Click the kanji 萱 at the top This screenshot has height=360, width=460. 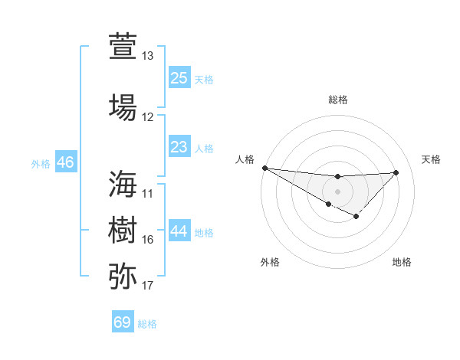(x=123, y=47)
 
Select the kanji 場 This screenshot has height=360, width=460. (x=123, y=107)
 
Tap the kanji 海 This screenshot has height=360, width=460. (x=123, y=184)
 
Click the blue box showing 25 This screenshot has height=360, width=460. (x=179, y=77)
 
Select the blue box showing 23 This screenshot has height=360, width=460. (x=179, y=146)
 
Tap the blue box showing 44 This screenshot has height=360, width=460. (x=179, y=231)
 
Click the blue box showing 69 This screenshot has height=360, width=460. (x=123, y=322)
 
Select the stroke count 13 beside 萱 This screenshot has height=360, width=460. (x=148, y=56)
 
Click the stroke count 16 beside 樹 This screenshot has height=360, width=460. (x=148, y=240)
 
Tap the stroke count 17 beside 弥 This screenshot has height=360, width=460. (x=148, y=286)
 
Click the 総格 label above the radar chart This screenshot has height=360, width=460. (x=337, y=100)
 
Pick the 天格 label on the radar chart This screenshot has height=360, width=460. (x=431, y=159)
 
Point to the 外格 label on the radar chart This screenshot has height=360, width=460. (x=269, y=262)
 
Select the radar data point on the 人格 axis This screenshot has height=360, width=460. (x=264, y=168)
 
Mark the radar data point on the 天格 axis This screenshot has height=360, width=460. (x=396, y=172)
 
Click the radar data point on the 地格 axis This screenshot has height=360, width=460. (x=356, y=218)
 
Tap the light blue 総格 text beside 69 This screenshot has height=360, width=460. (x=147, y=324)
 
